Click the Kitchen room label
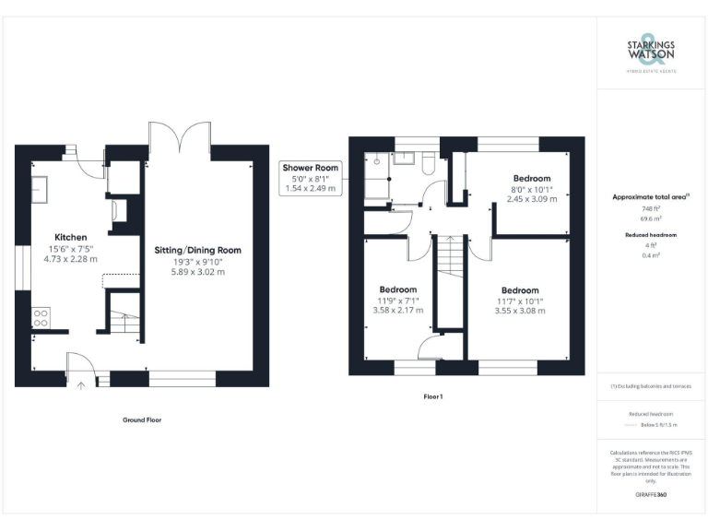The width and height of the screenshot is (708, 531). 71,237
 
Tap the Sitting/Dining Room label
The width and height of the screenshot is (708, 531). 197,250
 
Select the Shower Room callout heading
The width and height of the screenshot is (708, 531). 311,168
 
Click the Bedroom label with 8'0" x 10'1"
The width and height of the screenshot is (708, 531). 532,178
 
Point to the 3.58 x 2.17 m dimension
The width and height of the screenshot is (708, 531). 398,310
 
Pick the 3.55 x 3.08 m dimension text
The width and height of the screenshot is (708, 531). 521,311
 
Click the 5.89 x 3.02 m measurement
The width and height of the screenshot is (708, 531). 197,272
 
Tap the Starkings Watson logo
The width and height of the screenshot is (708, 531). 651,54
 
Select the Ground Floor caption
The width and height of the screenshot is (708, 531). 142,419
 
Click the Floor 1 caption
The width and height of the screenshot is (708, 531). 433,396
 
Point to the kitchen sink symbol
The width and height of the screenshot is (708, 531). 41,189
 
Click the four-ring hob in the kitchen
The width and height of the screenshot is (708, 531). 41,318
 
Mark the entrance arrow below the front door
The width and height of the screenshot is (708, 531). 80,385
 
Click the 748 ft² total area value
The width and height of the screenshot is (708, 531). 651,208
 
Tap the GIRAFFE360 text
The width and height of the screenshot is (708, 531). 651,495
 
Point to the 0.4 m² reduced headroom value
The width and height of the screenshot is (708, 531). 651,255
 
